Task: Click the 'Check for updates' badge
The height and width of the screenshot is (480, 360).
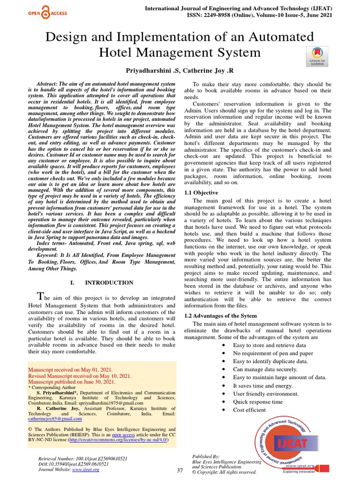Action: pyautogui.click(x=317, y=56)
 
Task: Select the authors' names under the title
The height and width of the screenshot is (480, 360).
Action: pyautogui.click(x=180, y=71)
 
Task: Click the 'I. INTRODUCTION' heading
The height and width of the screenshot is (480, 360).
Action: pyautogui.click(x=102, y=283)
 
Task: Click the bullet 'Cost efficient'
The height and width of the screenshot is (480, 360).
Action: pyautogui.click(x=249, y=410)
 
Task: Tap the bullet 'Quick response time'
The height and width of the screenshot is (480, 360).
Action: pyautogui.click(x=258, y=402)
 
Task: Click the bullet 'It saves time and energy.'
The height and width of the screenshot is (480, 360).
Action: pyautogui.click(x=262, y=385)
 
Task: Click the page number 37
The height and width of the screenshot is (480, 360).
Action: pyautogui.click(x=180, y=470)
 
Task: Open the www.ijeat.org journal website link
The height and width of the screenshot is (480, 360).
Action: pyautogui.click(x=86, y=469)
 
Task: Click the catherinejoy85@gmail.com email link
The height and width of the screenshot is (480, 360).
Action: pyautogui.click(x=55, y=419)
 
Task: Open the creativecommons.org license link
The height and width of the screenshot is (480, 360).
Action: pyautogui.click(x=118, y=440)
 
